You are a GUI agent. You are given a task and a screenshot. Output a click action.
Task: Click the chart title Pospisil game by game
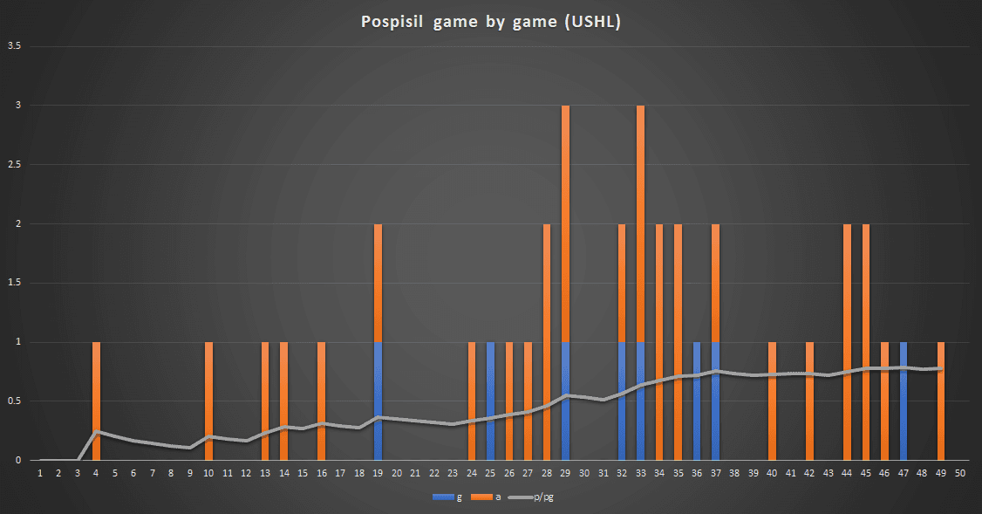tap(491, 22)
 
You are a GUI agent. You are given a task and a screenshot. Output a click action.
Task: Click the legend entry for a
tap(489, 497)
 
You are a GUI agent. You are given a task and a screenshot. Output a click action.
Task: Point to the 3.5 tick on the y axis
tap(15, 46)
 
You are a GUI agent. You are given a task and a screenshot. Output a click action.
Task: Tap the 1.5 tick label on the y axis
tap(15, 283)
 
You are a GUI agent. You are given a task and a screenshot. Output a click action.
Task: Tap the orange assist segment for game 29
tap(566, 223)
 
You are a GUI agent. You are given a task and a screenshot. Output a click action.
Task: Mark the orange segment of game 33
tap(641, 223)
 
